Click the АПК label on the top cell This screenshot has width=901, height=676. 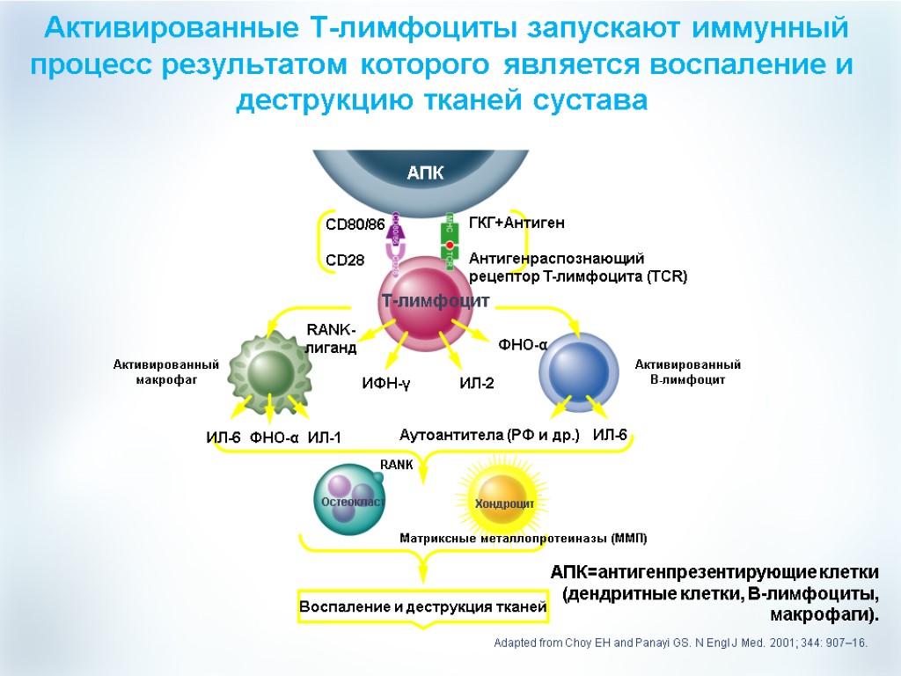[x=425, y=173]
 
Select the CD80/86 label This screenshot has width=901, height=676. [x=355, y=225]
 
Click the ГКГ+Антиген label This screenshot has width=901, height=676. [x=516, y=224]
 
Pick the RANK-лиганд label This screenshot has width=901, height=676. [x=331, y=339]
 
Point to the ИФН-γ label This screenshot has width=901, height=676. [x=387, y=384]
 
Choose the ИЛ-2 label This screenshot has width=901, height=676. [x=477, y=384]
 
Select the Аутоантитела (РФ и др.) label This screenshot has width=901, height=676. [x=489, y=435]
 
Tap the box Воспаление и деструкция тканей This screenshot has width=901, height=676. [x=423, y=607]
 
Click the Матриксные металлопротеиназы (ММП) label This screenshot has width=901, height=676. [x=524, y=538]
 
